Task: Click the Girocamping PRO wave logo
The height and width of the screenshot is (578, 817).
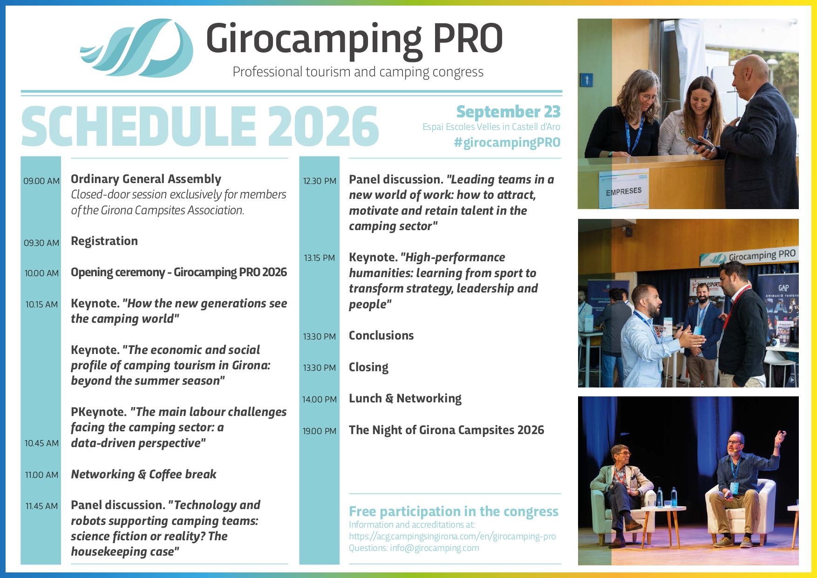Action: (x=137, y=48)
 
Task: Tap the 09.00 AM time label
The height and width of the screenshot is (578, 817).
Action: (x=41, y=181)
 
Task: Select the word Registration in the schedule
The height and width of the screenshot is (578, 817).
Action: (x=104, y=241)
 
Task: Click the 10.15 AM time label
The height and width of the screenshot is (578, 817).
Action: (x=41, y=305)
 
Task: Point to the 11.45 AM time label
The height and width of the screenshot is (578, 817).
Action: (x=41, y=506)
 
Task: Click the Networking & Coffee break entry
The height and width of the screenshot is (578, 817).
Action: (x=143, y=474)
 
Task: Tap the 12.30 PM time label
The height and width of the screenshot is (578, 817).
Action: (x=320, y=181)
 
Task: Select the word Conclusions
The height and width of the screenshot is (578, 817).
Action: (x=381, y=335)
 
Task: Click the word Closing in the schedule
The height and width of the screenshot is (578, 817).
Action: (x=368, y=367)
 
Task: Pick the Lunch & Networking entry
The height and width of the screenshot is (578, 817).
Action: (x=405, y=399)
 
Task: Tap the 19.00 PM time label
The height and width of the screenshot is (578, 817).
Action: (x=320, y=431)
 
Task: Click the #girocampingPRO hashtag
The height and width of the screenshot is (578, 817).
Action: (x=507, y=143)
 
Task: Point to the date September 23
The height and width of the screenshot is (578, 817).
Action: (x=508, y=112)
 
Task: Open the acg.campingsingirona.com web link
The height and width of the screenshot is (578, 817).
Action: (x=452, y=537)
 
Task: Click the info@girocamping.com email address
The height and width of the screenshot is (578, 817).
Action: (x=435, y=548)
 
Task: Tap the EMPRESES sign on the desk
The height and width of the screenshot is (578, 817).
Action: (x=624, y=191)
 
